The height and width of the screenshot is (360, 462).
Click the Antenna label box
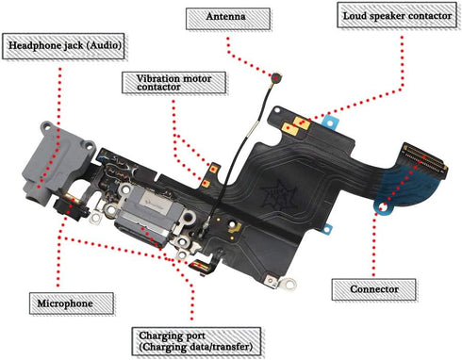coord(228,19)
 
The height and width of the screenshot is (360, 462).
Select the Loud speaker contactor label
coord(397,15)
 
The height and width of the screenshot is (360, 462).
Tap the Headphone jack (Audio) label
coord(63,46)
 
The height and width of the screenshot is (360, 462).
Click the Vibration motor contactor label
coord(174,83)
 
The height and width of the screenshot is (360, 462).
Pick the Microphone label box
coord(72,303)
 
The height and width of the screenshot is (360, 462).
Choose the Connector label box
coord(374,289)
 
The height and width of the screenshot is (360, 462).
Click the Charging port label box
coord(196,341)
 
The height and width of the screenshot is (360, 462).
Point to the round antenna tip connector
coord(277,76)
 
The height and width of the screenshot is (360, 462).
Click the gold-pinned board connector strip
coord(423,158)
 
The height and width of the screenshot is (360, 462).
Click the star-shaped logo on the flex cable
coord(279,197)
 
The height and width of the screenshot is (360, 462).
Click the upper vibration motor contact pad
coord(214,169)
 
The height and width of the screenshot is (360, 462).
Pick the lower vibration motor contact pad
coord(206,184)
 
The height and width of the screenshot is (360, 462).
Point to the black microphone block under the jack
coord(71,208)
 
